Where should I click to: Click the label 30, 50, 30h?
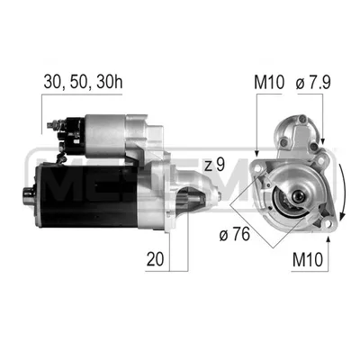[83, 82]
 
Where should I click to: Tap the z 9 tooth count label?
[214, 165]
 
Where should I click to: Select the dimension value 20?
[155, 259]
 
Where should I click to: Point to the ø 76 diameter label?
[234, 234]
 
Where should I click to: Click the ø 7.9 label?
[313, 82]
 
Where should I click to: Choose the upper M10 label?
[269, 82]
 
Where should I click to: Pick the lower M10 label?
[308, 260]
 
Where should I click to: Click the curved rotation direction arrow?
[343, 191]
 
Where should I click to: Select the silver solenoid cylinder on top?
[105, 136]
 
